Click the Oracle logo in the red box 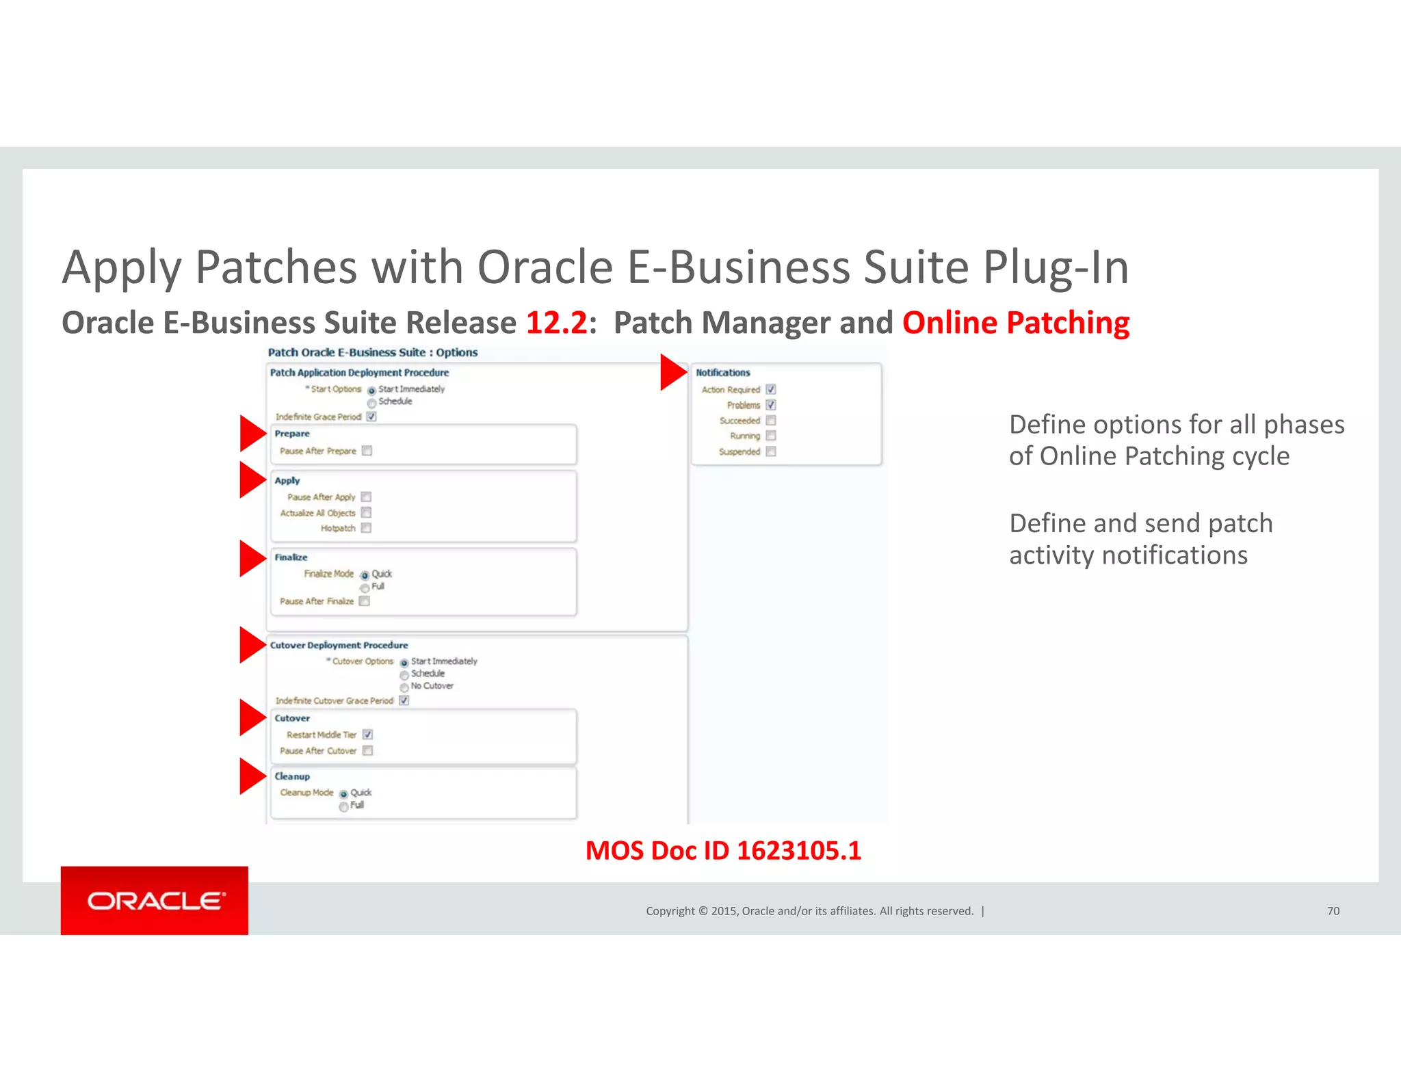pyautogui.click(x=155, y=901)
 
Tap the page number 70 pyautogui.click(x=1333, y=911)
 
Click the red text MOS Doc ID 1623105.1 pyautogui.click(x=723, y=851)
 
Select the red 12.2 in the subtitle pyautogui.click(x=556, y=323)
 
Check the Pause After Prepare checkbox pyautogui.click(x=367, y=451)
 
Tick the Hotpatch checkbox pyautogui.click(x=366, y=528)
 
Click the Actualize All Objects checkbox pyautogui.click(x=366, y=512)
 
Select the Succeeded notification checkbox pyautogui.click(x=771, y=421)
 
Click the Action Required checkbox pyautogui.click(x=771, y=389)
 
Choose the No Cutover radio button pyautogui.click(x=404, y=687)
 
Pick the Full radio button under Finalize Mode pyautogui.click(x=365, y=588)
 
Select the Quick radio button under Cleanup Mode pyautogui.click(x=343, y=794)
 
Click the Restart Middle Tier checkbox pyautogui.click(x=367, y=735)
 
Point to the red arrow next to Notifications pyautogui.click(x=672, y=372)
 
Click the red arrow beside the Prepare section pyautogui.click(x=252, y=433)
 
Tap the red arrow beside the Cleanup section pyautogui.click(x=252, y=776)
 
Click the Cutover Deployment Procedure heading pyautogui.click(x=339, y=645)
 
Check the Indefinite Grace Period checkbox pyautogui.click(x=371, y=417)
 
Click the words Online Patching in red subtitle pyautogui.click(x=1015, y=323)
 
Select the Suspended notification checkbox pyautogui.click(x=771, y=451)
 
